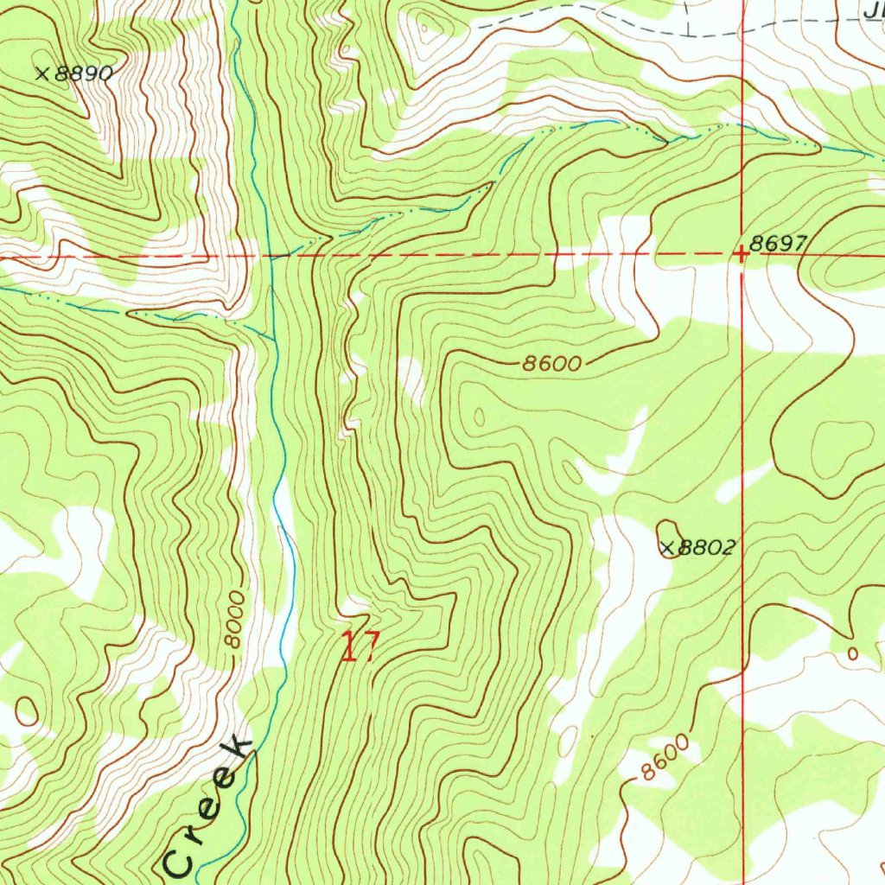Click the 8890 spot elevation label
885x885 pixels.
point(84,74)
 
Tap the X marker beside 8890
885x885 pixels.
point(41,74)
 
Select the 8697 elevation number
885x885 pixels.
point(778,245)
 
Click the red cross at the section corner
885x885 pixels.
point(742,254)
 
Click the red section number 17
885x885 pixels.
point(359,646)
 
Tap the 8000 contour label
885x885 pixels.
point(234,621)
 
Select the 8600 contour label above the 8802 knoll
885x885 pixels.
point(552,364)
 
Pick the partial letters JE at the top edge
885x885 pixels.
point(873,10)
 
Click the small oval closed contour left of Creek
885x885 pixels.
point(25,711)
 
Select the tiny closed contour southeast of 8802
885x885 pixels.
point(854,654)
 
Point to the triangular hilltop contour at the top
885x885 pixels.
point(424,29)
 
